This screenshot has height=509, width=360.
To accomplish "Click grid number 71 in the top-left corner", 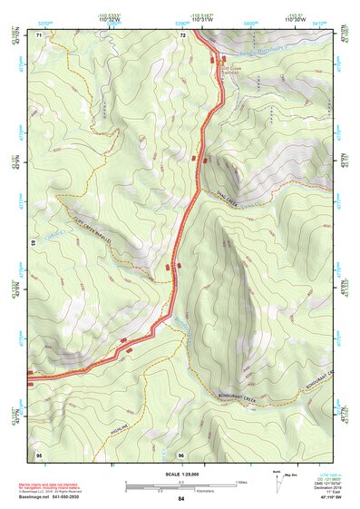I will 39,34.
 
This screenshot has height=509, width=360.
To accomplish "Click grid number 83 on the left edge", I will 34,243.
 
